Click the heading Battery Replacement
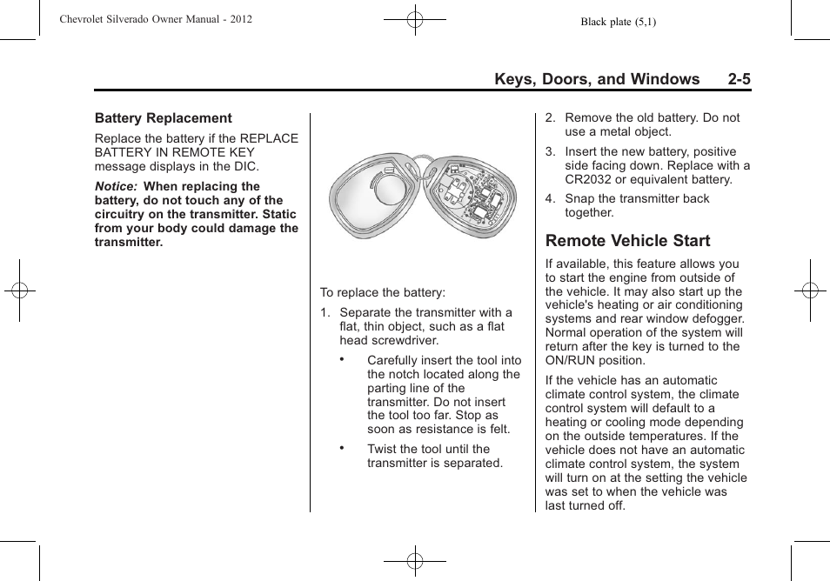pos(164,118)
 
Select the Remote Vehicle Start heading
pos(627,241)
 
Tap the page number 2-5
pos(740,79)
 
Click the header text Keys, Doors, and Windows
pos(597,79)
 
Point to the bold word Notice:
pos(116,186)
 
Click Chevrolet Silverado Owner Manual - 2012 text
pos(156,19)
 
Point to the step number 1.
pos(325,313)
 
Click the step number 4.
pos(550,199)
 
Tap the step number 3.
pos(550,152)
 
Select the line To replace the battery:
pos(383,292)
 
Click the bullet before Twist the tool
pos(342,448)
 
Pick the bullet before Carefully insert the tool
pos(342,358)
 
